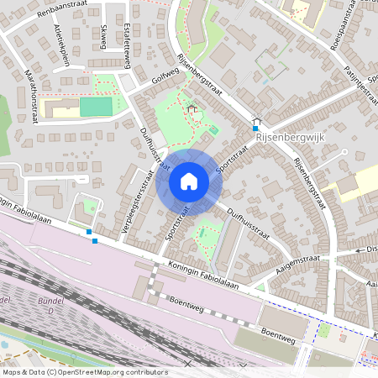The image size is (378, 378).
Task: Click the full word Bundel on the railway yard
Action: click(x=50, y=301)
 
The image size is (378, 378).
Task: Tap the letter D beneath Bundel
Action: click(x=50, y=311)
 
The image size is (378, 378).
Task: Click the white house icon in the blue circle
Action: click(x=189, y=181)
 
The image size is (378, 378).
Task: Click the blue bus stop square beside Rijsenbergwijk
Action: click(x=256, y=128)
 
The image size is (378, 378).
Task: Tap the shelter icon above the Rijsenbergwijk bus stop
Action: click(x=256, y=119)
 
